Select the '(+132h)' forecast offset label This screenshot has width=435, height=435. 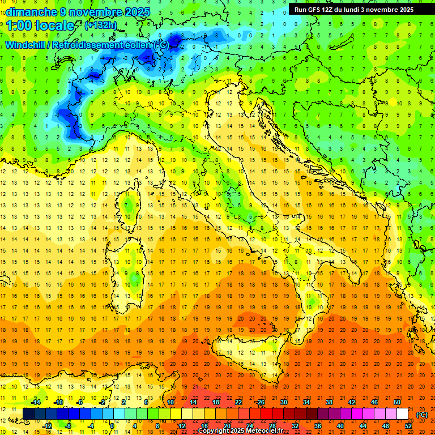(x=101, y=25)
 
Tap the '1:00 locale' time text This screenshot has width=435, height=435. (x=40, y=25)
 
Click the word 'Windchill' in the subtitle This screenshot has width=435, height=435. (x=26, y=45)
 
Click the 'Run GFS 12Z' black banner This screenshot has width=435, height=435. (x=353, y=9)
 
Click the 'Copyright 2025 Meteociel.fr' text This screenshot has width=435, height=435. (x=244, y=431)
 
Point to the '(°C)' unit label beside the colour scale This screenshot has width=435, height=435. (x=422, y=415)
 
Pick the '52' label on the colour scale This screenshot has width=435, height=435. (x=408, y=426)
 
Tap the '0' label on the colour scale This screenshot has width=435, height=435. (x=112, y=426)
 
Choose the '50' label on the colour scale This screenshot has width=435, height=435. (x=397, y=402)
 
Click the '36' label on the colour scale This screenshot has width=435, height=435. (x=318, y=426)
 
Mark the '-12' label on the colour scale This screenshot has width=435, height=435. (x=47, y=426)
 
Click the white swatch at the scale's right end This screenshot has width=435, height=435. (x=402, y=413)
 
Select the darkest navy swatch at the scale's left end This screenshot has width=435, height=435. (x=28, y=413)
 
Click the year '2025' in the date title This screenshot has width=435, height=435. (x=137, y=12)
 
